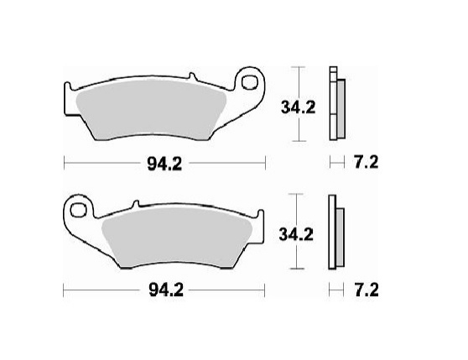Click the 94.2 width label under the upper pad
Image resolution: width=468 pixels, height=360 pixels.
tap(164, 164)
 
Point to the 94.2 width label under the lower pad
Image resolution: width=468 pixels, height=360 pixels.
tap(164, 291)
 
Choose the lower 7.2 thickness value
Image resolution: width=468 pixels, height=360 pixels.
tap(362, 290)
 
